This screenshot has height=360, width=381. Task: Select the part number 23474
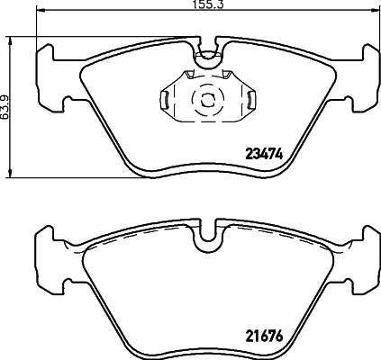[265, 154]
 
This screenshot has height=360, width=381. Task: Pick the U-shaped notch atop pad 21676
[207, 236]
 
